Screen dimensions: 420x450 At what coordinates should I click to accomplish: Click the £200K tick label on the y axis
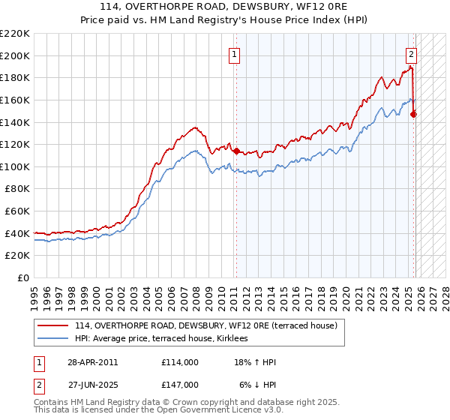pyautogui.click(x=15, y=55)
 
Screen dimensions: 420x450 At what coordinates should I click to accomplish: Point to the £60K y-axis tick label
pyautogui.click(x=17, y=211)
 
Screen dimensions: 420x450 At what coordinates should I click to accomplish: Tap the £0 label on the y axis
pyautogui.click(x=23, y=278)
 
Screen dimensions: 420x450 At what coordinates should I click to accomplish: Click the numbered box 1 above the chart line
pyautogui.click(x=235, y=54)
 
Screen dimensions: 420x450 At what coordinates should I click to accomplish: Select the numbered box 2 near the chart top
pyautogui.click(x=412, y=54)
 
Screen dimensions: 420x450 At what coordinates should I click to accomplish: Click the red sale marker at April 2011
pyautogui.click(x=236, y=151)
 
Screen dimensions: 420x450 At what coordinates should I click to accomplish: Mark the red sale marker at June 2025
pyautogui.click(x=414, y=114)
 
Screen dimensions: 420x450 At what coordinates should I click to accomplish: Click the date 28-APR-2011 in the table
pyautogui.click(x=93, y=363)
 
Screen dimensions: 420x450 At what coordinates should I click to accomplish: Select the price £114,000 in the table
pyautogui.click(x=180, y=363)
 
